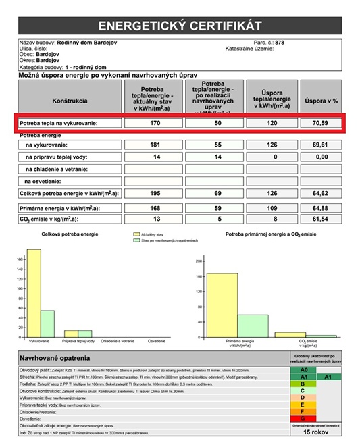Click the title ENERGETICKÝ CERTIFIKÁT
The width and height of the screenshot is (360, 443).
tap(179, 26)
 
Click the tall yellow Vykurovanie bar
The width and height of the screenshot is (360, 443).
tap(33, 294)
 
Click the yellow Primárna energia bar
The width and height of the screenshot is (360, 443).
tap(222, 305)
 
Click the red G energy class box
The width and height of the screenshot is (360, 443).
tap(304, 419)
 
